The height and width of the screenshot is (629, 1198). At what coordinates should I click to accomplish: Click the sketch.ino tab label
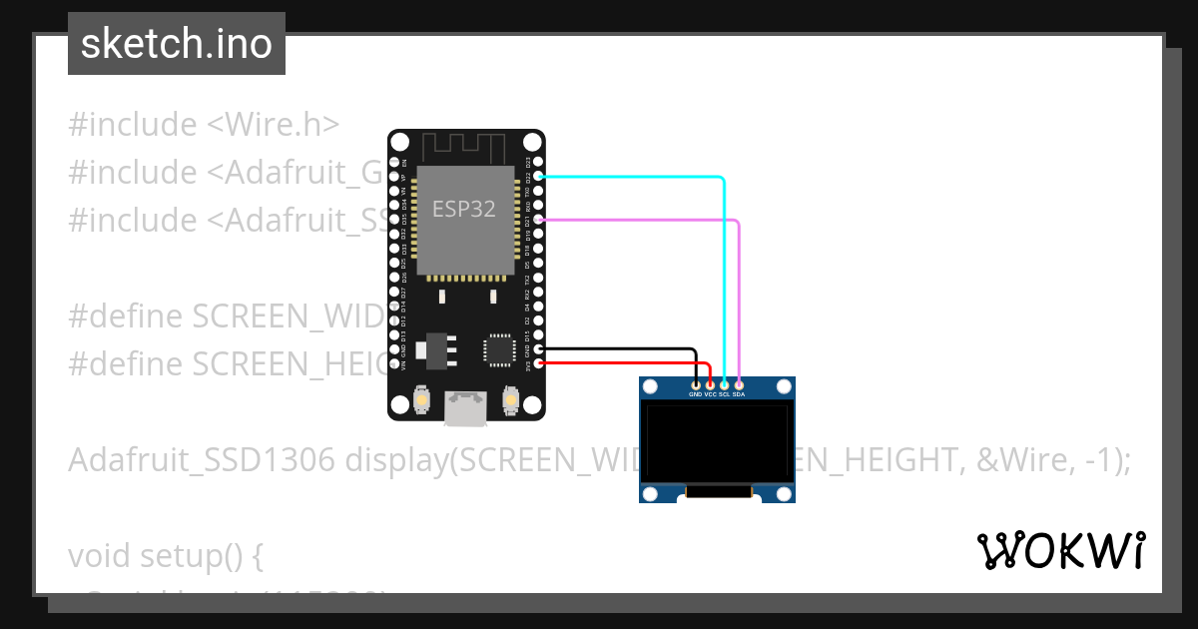177,44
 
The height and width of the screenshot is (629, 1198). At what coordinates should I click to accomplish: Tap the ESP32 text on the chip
463,209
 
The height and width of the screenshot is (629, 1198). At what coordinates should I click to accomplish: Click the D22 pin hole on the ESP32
539,176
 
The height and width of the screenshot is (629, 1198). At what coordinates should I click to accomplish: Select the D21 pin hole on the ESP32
539,219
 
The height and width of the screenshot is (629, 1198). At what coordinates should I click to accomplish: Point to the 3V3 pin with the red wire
539,363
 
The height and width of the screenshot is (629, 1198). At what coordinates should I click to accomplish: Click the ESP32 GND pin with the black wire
539,348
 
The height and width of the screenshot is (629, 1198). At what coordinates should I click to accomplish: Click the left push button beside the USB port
422,401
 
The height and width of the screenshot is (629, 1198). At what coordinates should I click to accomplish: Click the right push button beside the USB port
510,401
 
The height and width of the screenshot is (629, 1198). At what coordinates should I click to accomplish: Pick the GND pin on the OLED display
696,384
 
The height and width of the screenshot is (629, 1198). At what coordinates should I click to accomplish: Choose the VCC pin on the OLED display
710,384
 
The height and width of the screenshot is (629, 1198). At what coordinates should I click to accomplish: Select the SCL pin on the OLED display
724,384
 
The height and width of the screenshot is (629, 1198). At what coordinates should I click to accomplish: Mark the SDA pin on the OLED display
739,384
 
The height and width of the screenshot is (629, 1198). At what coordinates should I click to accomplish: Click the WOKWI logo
1060,550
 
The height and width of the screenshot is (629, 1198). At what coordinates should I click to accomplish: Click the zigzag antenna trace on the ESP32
466,148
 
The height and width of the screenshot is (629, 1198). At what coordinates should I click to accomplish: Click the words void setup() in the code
165,555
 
